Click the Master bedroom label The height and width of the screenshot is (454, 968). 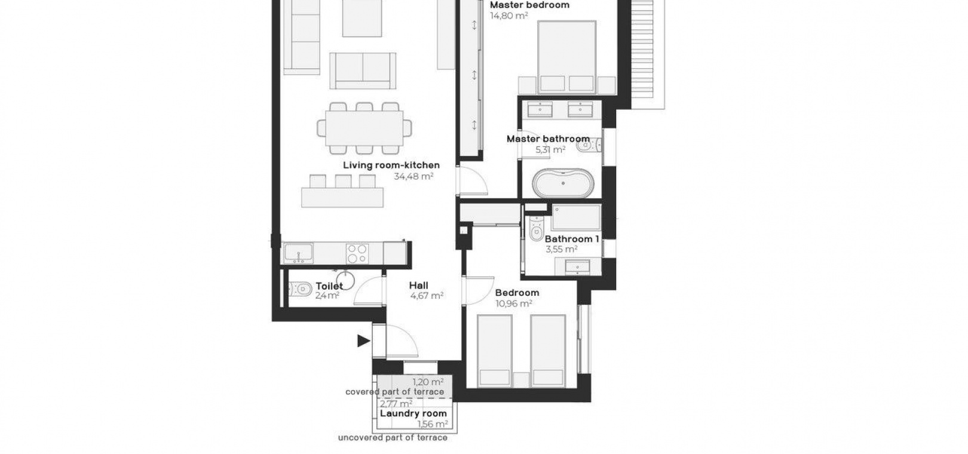coord(529,5)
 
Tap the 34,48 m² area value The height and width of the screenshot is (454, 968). coord(413,176)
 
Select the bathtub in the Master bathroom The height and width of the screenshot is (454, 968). coord(563,183)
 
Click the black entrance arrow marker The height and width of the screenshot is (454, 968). coord(363,341)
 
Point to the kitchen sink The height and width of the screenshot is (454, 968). coord(299,253)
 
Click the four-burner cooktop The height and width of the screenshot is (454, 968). coord(358,253)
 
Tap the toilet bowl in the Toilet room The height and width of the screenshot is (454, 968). coord(300,289)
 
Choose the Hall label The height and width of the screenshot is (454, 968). coord(419,286)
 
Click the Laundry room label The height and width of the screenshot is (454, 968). coord(413,413)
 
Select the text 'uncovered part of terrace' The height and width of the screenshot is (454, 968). coord(393,438)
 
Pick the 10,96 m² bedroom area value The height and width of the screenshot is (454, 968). coord(513,303)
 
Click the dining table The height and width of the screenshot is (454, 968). coord(364,128)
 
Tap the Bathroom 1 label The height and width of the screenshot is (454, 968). coord(572,239)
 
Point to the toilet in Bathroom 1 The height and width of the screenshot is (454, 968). coord(536,229)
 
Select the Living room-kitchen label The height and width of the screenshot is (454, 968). coord(391,165)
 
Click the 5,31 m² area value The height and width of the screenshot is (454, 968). coord(550,150)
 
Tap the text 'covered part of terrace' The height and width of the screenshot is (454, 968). coord(394,392)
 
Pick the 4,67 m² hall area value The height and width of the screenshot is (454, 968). coord(427,296)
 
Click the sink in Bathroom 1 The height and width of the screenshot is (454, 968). coord(578,266)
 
